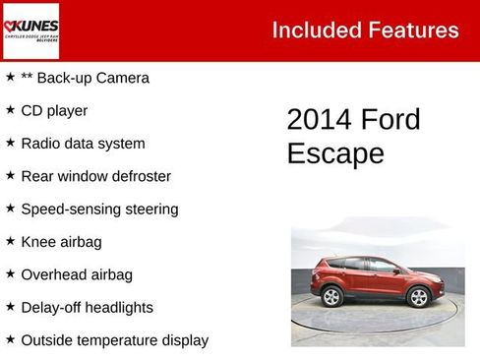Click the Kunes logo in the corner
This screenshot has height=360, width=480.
(31, 30)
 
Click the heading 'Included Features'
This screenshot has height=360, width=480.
(365, 30)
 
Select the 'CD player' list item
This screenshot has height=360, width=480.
(54, 110)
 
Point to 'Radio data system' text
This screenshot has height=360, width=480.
(83, 144)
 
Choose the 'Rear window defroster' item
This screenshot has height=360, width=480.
(95, 176)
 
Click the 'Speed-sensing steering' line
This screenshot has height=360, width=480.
(99, 209)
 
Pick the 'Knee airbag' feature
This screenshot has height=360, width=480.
(61, 241)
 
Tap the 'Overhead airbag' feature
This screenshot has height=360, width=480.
(77, 274)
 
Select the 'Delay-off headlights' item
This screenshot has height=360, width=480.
(87, 307)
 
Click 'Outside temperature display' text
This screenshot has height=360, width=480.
(114, 340)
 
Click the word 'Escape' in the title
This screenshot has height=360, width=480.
(335, 154)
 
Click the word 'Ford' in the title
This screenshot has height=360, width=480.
(390, 120)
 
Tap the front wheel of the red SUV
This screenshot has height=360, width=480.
(420, 296)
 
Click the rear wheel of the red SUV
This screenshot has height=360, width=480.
(331, 296)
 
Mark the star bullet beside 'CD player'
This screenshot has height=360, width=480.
(10, 110)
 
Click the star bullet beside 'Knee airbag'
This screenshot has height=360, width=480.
(10, 241)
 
